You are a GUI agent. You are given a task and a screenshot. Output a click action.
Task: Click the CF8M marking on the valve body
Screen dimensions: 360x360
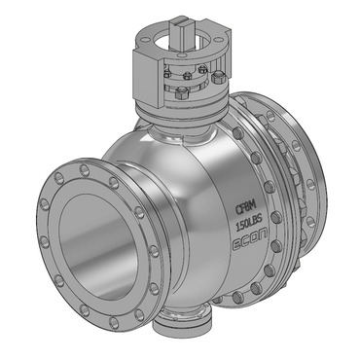(x=245, y=206)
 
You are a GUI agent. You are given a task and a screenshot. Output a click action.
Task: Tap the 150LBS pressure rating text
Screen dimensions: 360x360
(x=249, y=223)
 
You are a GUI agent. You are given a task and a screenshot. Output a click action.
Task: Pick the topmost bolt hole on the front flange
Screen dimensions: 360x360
(x=85, y=169)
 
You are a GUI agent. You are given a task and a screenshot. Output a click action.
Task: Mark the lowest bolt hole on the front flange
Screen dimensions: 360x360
(x=114, y=322)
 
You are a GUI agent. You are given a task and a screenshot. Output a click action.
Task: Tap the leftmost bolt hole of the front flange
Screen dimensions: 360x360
(x=44, y=204)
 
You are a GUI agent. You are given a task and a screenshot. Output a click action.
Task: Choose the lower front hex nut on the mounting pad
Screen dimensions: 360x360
(x=180, y=93)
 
